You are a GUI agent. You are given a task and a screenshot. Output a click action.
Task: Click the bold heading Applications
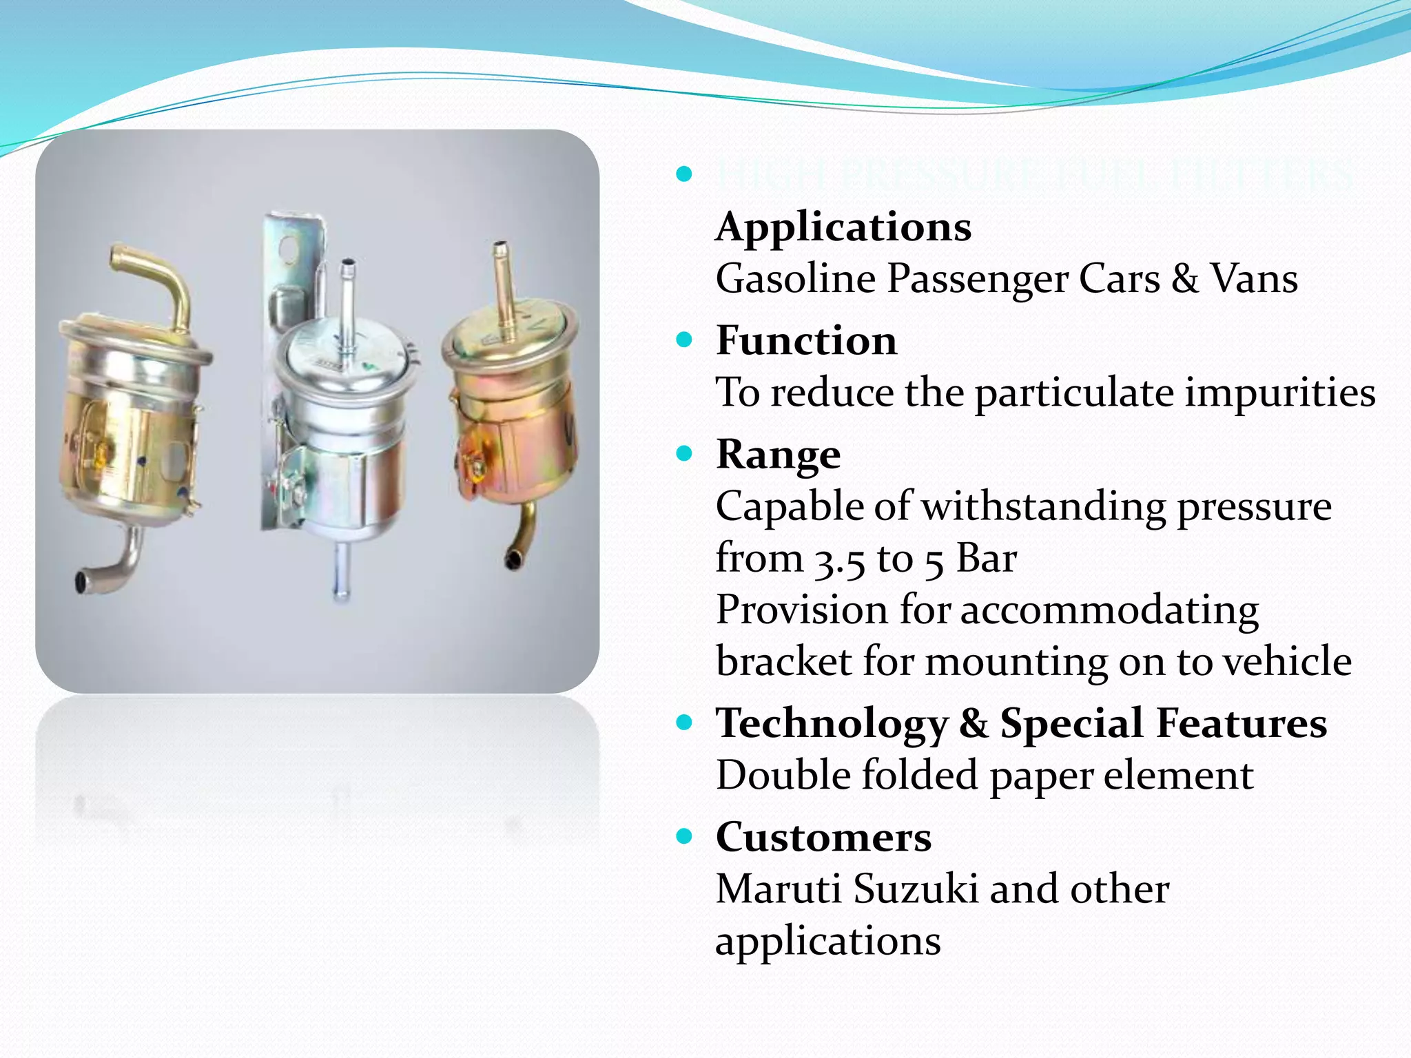(x=843, y=227)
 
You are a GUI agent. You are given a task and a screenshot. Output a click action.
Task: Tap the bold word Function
(x=806, y=340)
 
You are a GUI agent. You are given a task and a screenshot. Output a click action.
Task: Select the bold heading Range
(x=778, y=455)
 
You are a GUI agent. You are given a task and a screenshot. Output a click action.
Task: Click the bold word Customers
(x=823, y=837)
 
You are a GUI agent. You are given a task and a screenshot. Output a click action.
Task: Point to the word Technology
(x=832, y=725)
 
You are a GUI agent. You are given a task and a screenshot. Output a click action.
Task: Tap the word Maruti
(x=778, y=889)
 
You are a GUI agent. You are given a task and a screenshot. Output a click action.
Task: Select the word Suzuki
(x=916, y=889)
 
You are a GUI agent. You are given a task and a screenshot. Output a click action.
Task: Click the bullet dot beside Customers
(x=683, y=837)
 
